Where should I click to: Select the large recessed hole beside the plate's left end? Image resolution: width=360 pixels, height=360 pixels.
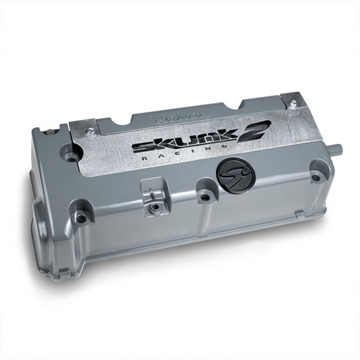click(69, 150)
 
